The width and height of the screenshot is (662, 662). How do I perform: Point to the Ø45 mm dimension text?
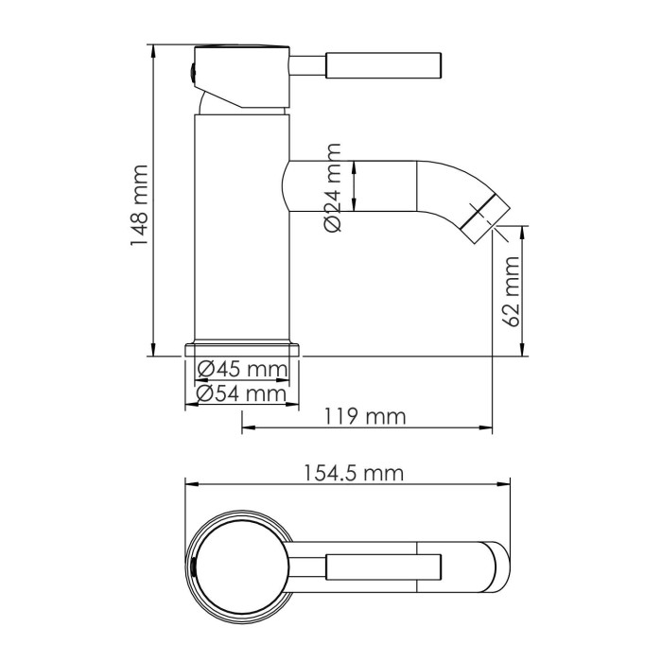click(x=241, y=369)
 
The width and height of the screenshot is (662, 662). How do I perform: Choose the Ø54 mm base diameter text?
click(x=241, y=392)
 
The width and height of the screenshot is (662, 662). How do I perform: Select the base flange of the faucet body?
click(x=241, y=348)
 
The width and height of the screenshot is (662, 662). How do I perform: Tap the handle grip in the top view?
click(x=383, y=566)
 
